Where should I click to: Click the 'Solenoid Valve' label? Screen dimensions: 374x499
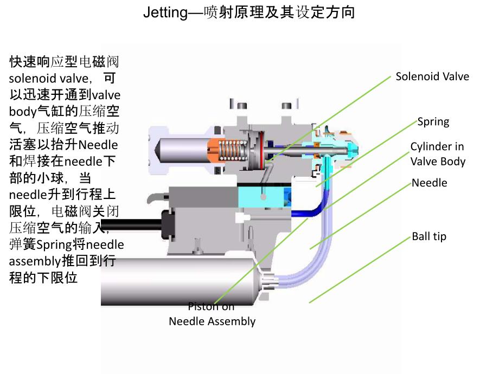pyautogui.click(x=432, y=76)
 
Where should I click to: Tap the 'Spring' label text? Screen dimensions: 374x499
pyautogui.click(x=433, y=121)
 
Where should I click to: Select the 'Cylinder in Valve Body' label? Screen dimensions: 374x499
pyautogui.click(x=437, y=154)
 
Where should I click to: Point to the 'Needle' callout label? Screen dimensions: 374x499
pyautogui.click(x=429, y=183)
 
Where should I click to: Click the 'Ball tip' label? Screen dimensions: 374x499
pyautogui.click(x=428, y=236)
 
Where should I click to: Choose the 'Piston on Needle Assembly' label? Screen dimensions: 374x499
pyautogui.click(x=212, y=314)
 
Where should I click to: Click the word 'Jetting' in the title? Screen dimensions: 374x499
pyautogui.click(x=165, y=12)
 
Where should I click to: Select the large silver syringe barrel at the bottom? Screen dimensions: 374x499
pyautogui.click(x=179, y=282)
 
